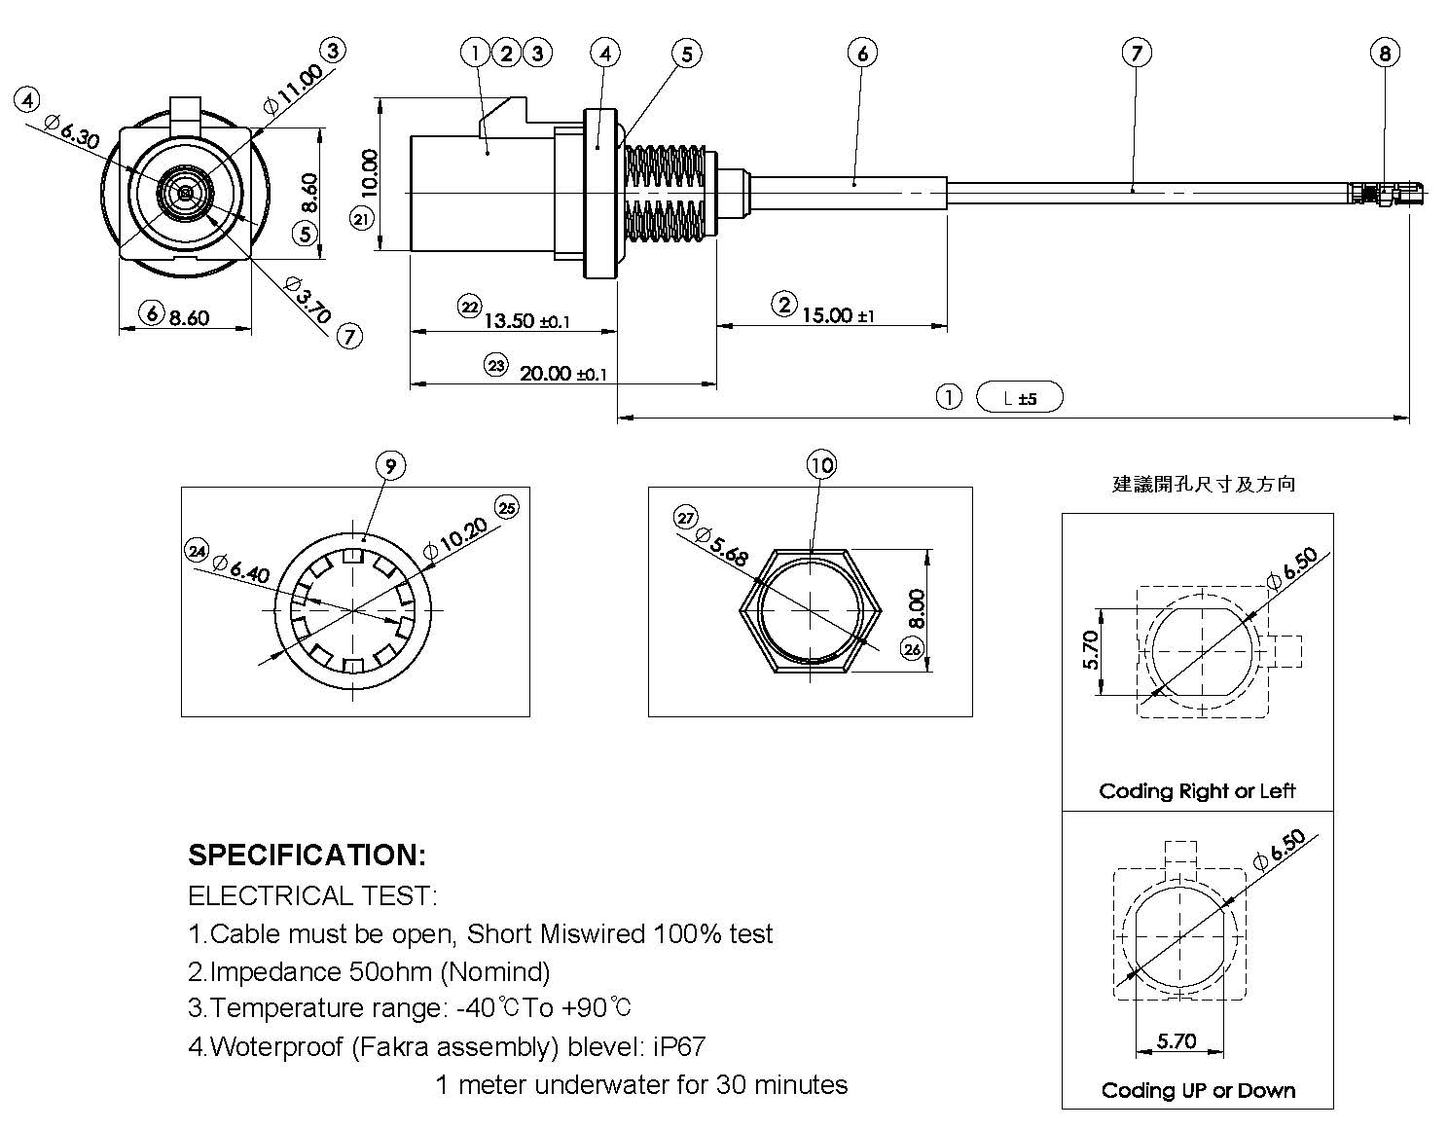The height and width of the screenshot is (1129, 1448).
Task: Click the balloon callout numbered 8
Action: [1385, 53]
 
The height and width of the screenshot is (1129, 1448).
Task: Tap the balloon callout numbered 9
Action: [390, 466]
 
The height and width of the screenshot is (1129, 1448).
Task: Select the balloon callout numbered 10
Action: [822, 465]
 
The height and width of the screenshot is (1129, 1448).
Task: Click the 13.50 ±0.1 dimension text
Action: [526, 320]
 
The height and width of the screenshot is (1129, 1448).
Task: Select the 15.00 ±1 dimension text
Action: [838, 314]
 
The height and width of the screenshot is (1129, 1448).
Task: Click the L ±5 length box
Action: [1019, 397]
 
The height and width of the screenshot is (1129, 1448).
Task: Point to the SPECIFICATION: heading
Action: [307, 855]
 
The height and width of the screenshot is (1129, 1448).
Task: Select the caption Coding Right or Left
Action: [1197, 790]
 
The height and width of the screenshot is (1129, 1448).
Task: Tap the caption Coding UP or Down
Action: [1198, 1090]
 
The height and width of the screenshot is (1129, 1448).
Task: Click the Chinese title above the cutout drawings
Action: [1204, 484]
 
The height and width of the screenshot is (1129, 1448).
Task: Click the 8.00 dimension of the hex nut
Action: [916, 609]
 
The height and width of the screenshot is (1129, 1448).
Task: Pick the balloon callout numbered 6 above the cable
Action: [862, 53]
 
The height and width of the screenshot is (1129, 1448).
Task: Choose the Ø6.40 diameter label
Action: [240, 567]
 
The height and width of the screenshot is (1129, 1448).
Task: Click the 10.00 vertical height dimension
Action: [369, 173]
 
